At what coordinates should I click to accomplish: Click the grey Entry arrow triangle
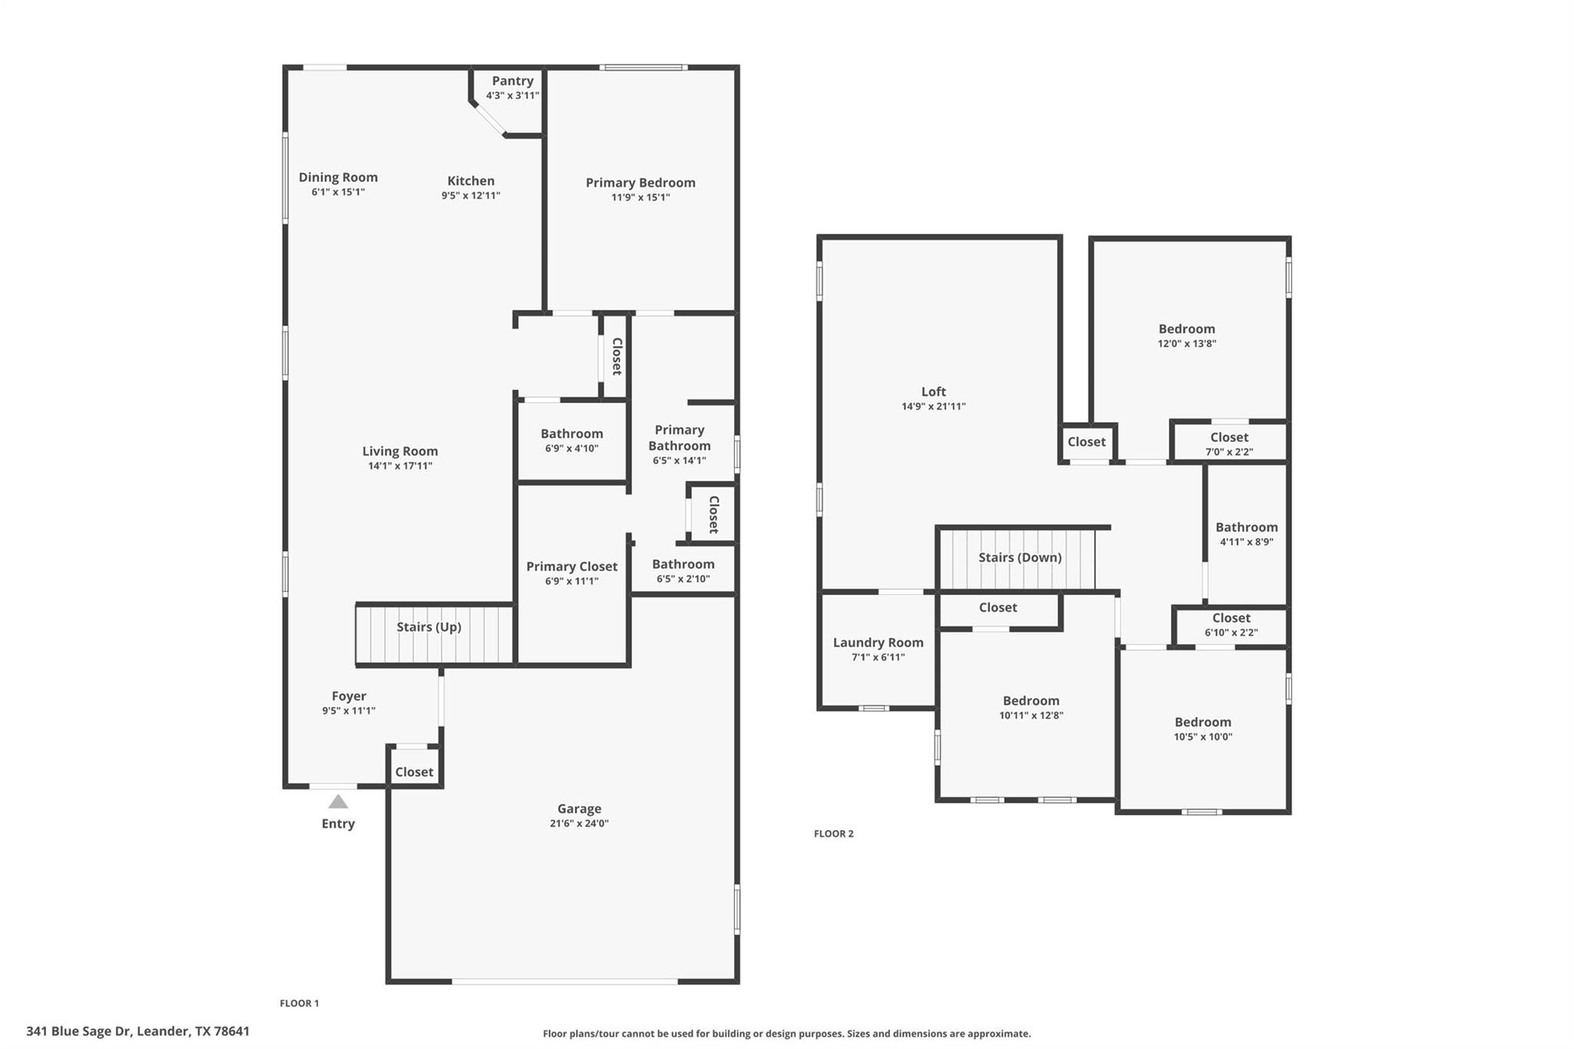pos(338,802)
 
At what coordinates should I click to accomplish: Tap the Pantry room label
pos(513,81)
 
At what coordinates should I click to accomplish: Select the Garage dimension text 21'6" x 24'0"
pos(579,823)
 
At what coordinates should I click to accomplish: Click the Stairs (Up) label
pos(429,626)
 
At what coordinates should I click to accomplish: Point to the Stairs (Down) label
pos(1020,557)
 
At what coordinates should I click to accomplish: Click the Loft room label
pos(934,391)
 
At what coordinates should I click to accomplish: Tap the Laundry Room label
pos(878,642)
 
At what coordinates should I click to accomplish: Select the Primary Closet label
pos(572,566)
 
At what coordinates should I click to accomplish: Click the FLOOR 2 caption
pos(834,834)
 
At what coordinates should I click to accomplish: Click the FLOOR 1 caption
pos(299,1003)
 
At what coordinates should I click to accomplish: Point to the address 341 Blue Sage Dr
pos(138,1031)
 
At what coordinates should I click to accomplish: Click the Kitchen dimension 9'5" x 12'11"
pos(470,195)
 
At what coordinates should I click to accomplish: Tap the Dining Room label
pos(338,177)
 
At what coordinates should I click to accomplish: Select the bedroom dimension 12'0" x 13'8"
pos(1187,344)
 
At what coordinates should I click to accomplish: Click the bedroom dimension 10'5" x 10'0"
pos(1203,736)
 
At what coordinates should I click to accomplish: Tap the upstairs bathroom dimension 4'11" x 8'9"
pos(1246,541)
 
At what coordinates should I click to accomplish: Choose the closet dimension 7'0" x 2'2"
pos(1229,452)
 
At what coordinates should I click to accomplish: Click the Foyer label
pos(349,696)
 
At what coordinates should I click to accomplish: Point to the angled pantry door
pos(489,120)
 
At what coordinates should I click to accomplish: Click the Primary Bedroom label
pos(640,182)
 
